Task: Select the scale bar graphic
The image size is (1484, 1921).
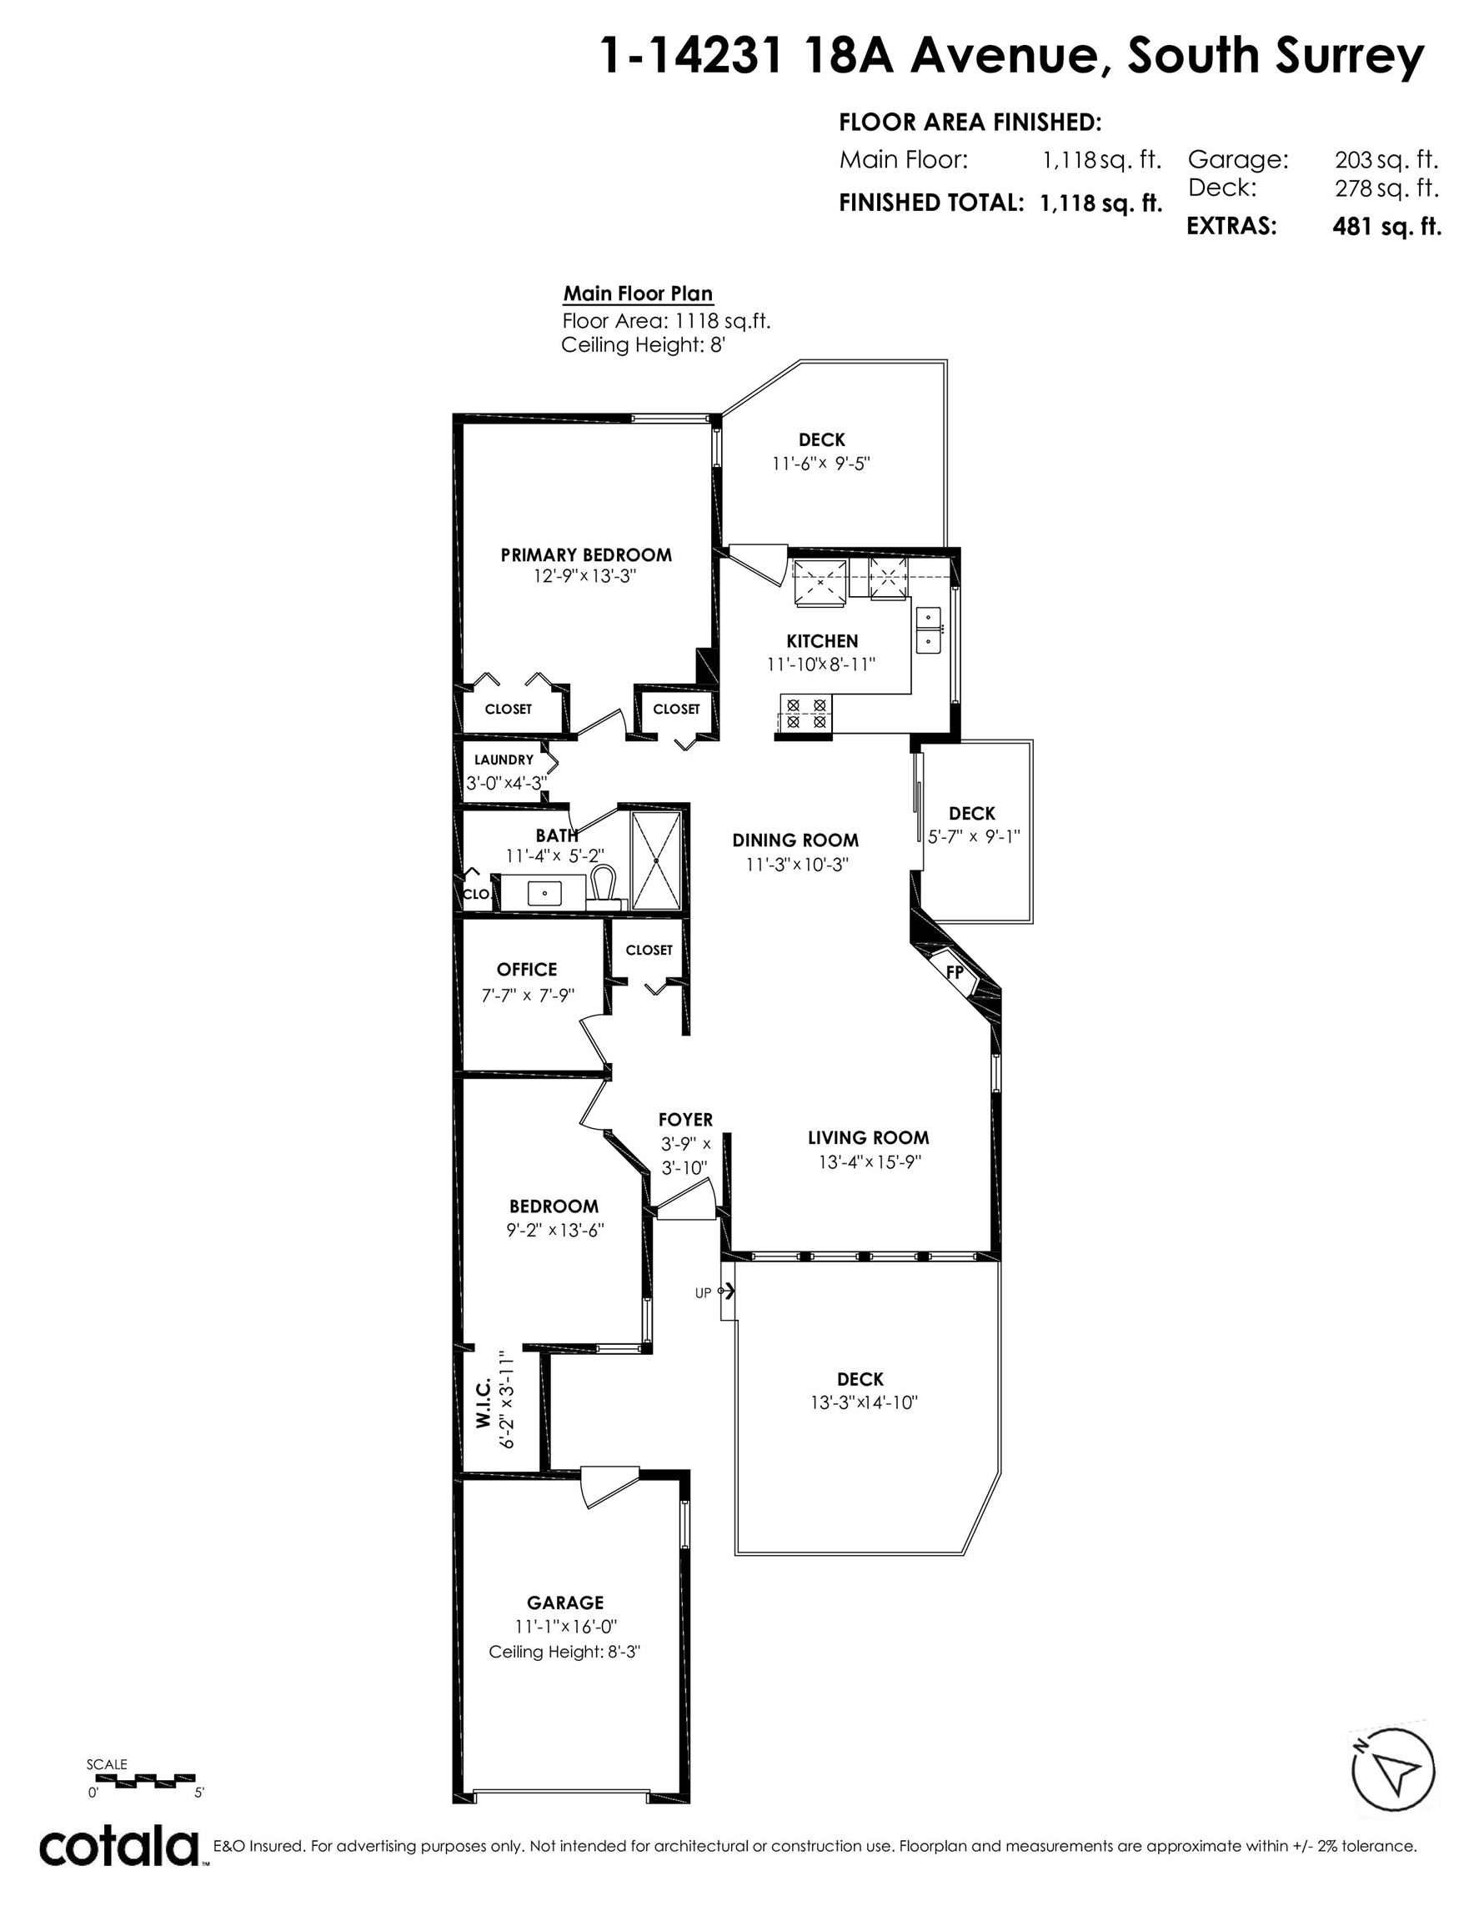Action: point(142,1778)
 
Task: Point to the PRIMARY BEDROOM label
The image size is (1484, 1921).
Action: point(586,555)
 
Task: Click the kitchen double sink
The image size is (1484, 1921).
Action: point(928,629)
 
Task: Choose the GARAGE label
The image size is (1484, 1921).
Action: point(565,1603)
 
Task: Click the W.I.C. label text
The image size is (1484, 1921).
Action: point(483,1407)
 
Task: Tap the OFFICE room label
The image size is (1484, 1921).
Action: point(527,970)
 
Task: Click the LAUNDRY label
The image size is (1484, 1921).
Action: point(504,760)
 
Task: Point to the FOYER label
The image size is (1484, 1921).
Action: point(685,1120)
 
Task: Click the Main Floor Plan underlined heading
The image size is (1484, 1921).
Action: point(638,294)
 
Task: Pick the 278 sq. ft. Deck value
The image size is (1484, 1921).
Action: point(1386,188)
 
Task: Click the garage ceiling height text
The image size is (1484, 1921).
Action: point(564,1652)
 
